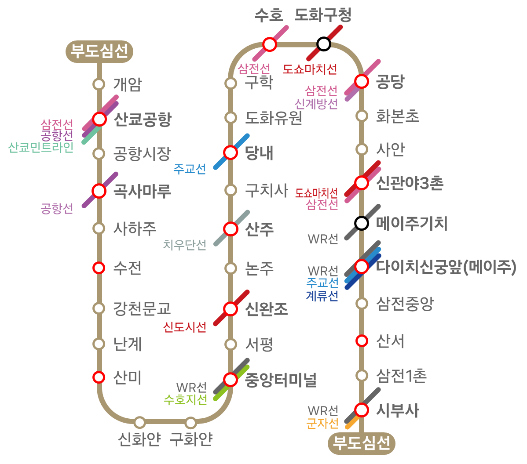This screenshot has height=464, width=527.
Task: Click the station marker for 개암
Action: click(x=99, y=84)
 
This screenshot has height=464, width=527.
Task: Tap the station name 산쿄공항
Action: click(x=143, y=119)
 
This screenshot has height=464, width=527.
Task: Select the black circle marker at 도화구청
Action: click(x=324, y=44)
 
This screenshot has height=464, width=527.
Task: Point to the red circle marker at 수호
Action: click(x=270, y=44)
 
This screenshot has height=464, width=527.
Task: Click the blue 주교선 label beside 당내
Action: click(x=190, y=169)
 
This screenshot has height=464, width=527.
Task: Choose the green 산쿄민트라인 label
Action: click(x=40, y=147)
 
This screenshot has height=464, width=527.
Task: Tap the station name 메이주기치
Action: click(x=412, y=223)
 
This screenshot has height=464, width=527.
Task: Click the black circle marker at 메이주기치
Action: click(x=362, y=223)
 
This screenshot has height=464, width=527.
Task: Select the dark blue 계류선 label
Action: click(x=322, y=296)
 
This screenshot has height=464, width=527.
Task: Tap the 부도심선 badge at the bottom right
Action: click(x=362, y=443)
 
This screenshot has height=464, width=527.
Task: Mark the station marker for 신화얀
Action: click(x=140, y=422)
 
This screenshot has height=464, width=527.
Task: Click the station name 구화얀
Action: click(x=191, y=439)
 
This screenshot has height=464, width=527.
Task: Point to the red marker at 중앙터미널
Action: click(x=231, y=380)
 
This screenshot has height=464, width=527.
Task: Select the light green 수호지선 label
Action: click(x=186, y=399)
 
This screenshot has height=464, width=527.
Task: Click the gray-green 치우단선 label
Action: click(x=184, y=245)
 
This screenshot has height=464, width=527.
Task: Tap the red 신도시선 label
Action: click(x=184, y=326)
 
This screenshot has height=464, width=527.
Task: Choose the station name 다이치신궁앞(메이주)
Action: click(x=446, y=267)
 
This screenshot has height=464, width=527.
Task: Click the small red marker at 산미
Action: click(x=99, y=377)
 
